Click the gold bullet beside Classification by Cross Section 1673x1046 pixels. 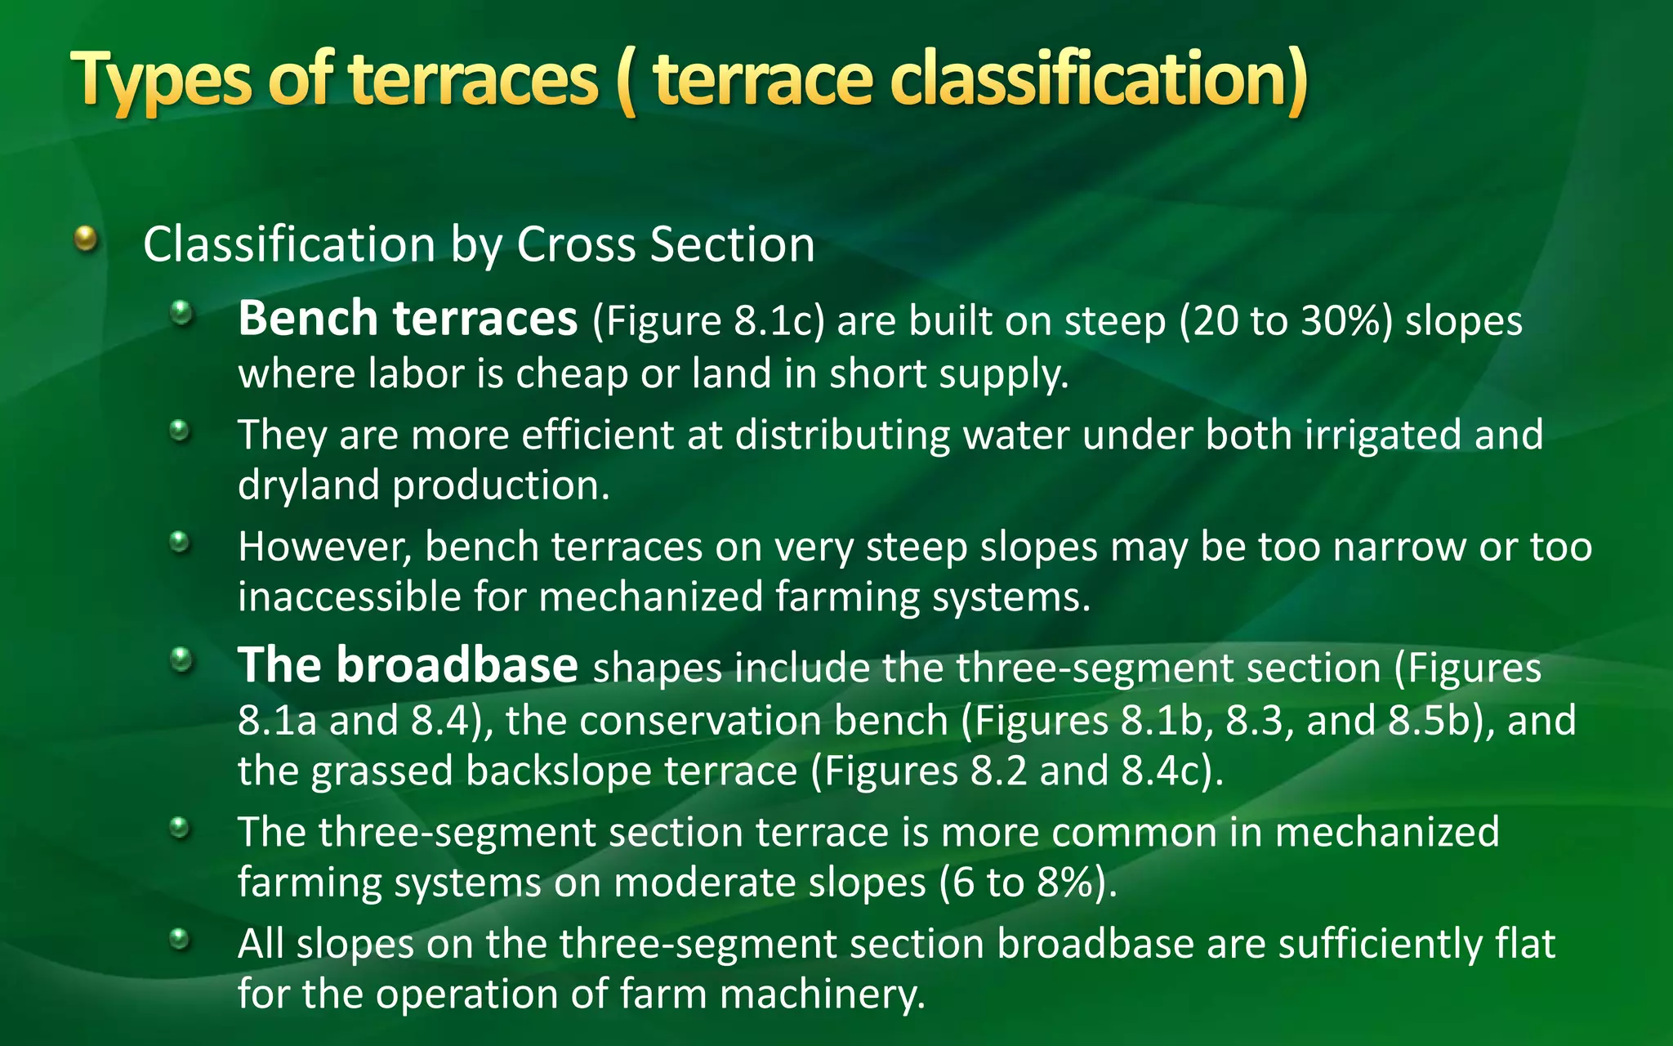coord(86,239)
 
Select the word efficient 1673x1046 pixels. coord(598,435)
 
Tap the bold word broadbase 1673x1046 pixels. coord(457,665)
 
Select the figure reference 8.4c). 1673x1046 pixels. coord(1173,771)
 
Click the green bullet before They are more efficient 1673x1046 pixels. coord(181,430)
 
